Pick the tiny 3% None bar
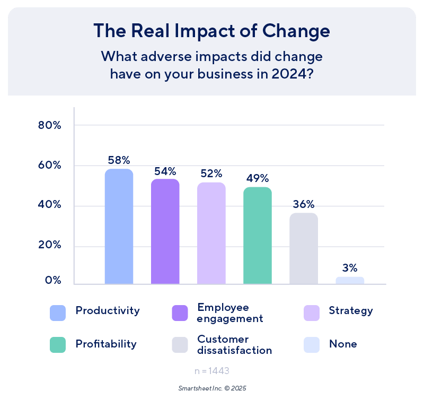click(350, 280)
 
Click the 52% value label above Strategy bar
click(211, 174)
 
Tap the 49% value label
click(258, 178)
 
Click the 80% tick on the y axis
click(50, 126)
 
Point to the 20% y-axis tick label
click(50, 246)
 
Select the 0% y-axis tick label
click(52, 280)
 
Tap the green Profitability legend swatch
click(57, 345)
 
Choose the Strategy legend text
click(350, 311)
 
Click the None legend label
click(342, 344)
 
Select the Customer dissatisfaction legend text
click(234, 344)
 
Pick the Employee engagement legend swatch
click(180, 313)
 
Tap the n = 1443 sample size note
click(212, 370)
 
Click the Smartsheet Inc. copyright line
click(212, 388)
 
